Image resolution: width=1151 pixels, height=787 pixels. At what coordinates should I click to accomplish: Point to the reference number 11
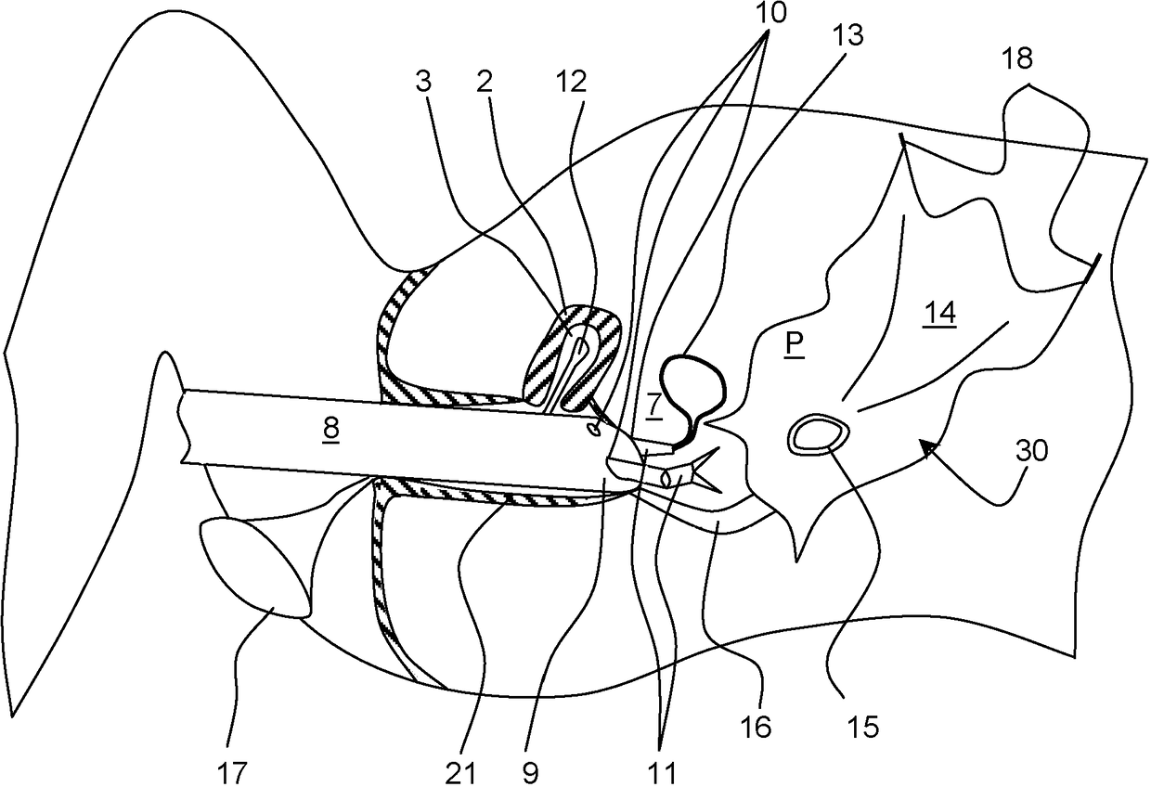[662, 769]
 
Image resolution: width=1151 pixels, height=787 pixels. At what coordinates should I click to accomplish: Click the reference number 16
[757, 727]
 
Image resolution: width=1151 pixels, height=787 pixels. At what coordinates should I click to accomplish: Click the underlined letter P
[795, 345]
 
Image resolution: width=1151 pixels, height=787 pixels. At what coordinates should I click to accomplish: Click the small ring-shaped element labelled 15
[818, 433]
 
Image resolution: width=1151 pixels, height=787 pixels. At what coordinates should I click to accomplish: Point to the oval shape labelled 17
[253, 569]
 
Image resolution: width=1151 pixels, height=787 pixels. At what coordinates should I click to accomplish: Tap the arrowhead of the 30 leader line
[925, 449]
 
